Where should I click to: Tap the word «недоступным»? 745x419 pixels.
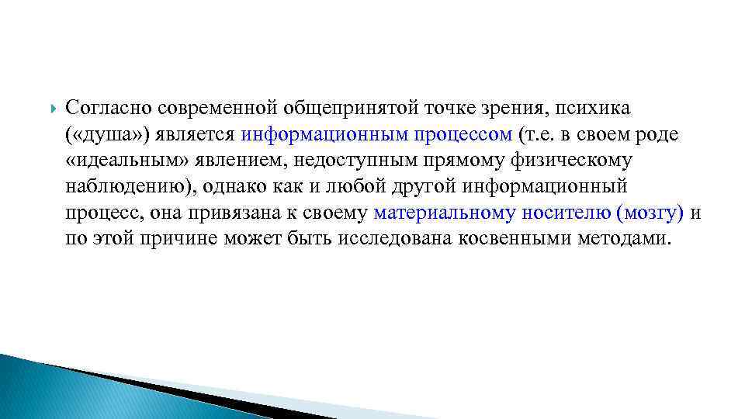[x=348, y=160]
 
